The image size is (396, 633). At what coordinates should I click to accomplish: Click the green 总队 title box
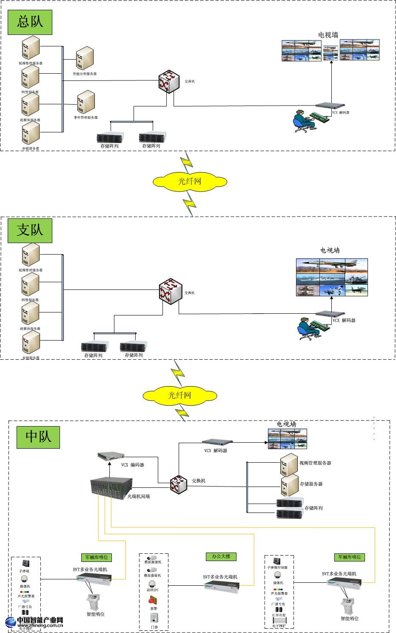(30, 22)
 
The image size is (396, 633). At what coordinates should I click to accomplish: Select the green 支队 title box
(30, 230)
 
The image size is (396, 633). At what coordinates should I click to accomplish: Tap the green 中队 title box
(38, 436)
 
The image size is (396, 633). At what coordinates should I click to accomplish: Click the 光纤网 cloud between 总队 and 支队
(189, 181)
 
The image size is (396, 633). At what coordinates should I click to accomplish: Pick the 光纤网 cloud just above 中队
(179, 395)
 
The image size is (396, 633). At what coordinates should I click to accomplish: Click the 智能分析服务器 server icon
(85, 58)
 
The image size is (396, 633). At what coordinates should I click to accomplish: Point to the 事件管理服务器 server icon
(86, 102)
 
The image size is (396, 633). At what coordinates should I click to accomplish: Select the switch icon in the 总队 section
(169, 81)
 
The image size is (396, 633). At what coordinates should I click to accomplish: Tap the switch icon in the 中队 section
(178, 484)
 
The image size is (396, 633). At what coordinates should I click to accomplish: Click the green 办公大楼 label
(220, 556)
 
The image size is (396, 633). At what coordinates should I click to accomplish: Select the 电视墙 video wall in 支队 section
(332, 277)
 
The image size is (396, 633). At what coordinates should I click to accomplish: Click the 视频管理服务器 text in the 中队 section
(315, 463)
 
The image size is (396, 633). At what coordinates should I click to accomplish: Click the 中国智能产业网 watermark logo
(35, 622)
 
